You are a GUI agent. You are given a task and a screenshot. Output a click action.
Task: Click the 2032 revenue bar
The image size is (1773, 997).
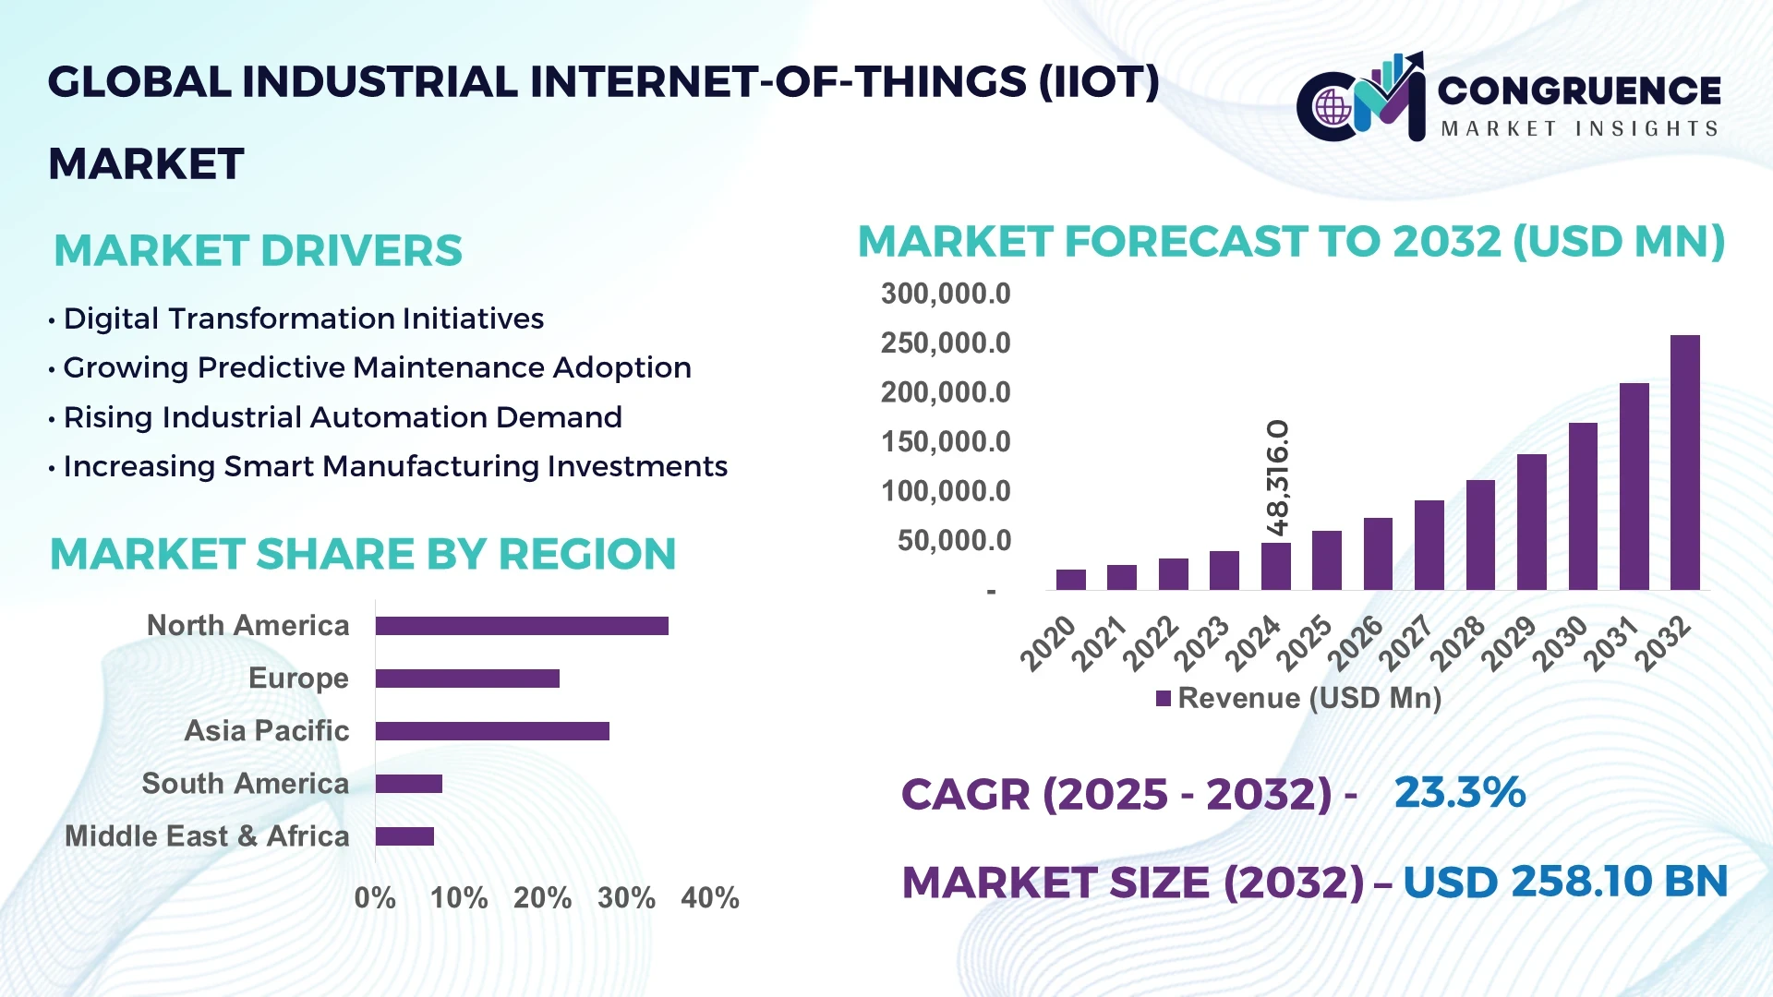pos(1684,462)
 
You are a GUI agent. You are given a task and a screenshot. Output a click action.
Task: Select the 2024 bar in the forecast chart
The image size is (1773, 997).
pos(1275,566)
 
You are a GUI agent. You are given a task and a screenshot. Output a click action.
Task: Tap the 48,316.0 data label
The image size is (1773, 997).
pos(1278,477)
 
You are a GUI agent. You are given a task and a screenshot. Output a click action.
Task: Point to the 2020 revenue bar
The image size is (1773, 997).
pos(1070,579)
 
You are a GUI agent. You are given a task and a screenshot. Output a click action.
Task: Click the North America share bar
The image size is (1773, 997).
pos(522,626)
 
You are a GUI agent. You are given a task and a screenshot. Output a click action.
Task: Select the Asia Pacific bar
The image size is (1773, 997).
pos(492,731)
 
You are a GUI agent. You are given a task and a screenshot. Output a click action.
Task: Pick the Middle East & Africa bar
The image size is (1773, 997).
pos(404,836)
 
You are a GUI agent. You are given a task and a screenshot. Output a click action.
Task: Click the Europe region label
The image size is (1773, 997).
pos(298,679)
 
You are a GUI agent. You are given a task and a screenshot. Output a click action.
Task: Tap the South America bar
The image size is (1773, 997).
pos(409,784)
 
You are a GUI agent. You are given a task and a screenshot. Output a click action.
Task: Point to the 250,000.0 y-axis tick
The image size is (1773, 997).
pos(945,343)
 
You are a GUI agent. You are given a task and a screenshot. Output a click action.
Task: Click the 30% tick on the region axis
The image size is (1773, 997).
pos(626,898)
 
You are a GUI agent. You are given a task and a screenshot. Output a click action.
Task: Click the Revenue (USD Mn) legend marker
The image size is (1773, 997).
pos(1164,699)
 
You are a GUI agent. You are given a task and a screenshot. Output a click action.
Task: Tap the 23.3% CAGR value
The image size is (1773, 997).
pos(1459,793)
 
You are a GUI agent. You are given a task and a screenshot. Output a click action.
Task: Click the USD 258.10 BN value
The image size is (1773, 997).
pos(1564,882)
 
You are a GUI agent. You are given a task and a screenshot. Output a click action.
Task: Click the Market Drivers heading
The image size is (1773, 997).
pos(258,251)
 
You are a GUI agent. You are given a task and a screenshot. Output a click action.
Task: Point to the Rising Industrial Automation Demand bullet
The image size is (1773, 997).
pos(342,417)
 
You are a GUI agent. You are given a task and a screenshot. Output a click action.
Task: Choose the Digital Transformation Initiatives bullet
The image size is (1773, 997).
pos(303,318)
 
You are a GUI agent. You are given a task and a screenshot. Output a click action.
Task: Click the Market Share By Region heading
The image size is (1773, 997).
pos(363,555)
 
